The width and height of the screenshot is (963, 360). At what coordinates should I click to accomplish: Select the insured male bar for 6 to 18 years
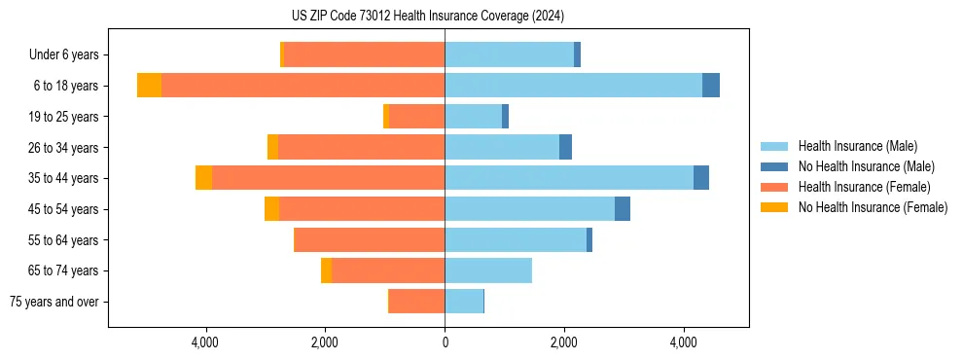[573, 86]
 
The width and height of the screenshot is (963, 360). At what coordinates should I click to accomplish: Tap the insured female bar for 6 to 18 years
[303, 86]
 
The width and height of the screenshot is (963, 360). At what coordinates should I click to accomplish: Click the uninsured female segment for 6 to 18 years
[149, 86]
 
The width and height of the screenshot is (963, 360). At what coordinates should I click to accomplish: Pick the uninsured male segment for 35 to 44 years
[700, 178]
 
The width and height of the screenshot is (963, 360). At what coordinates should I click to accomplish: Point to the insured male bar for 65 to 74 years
[488, 270]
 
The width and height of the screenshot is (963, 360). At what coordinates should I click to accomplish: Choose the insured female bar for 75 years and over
[416, 302]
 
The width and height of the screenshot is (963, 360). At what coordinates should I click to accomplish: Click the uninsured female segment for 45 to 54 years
[271, 209]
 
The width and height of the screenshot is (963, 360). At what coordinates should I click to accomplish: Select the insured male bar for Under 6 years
[509, 54]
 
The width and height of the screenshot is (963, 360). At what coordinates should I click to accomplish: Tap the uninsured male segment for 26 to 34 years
[565, 147]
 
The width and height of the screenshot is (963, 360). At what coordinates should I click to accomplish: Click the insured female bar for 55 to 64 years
[369, 239]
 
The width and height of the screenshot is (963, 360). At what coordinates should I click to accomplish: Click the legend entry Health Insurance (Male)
[857, 146]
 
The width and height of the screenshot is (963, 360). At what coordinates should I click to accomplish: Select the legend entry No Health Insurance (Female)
[873, 207]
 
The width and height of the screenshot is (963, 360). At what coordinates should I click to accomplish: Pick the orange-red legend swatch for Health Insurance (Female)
[775, 187]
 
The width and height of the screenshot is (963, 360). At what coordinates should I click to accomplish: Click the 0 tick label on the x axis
[445, 342]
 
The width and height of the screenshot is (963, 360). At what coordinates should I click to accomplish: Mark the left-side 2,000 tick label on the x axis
[325, 342]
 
